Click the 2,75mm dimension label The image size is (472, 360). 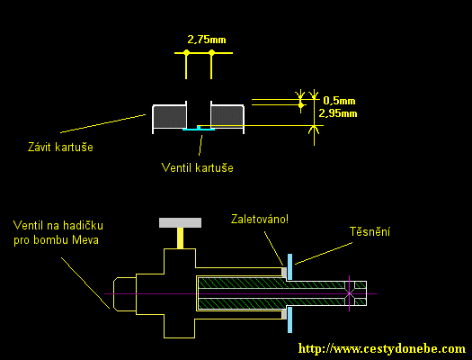[x=207, y=40]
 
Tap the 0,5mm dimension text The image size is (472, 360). [x=339, y=101]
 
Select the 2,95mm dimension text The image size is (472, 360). [x=338, y=113]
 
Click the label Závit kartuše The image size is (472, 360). [x=60, y=147]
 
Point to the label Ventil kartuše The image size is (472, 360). [x=198, y=167]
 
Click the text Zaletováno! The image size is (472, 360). [x=260, y=219]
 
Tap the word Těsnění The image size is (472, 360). [x=370, y=231]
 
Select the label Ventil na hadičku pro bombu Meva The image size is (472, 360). [x=58, y=232]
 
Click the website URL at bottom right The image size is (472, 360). [x=382, y=348]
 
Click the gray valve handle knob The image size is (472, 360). [x=181, y=222]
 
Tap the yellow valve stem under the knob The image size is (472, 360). [x=180, y=238]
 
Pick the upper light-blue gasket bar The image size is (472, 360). [x=289, y=267]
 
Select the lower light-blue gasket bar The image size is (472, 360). [x=289, y=319]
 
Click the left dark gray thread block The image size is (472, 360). [x=170, y=117]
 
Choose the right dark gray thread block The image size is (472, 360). [x=227, y=117]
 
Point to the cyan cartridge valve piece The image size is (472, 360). [x=199, y=129]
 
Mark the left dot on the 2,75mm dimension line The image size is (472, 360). [x=186, y=53]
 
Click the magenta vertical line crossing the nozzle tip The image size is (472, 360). [x=349, y=293]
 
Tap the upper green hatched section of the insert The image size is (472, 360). [x=272, y=283]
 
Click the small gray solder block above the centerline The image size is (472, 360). [x=284, y=272]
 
